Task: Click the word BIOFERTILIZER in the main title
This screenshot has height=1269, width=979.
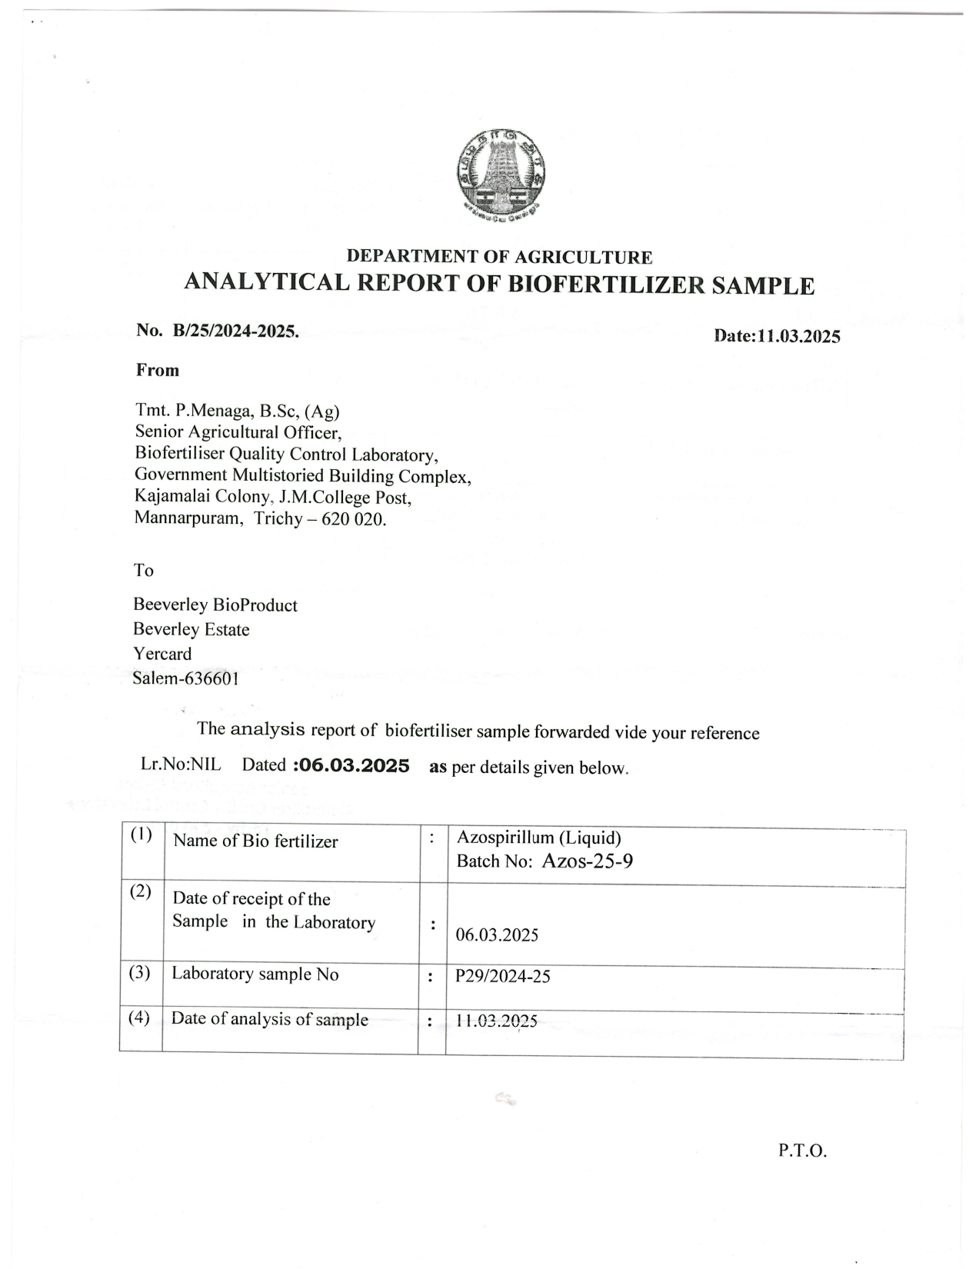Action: pos(607,284)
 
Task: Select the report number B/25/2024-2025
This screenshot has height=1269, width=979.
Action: pos(235,331)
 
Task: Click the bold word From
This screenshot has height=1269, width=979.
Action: pos(158,371)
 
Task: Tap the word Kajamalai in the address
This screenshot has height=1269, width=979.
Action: pos(167,497)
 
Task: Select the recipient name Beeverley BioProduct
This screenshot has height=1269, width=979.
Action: pos(215,605)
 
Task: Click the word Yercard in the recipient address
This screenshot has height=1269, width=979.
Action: pos(162,654)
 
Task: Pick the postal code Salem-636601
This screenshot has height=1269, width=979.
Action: pos(185,678)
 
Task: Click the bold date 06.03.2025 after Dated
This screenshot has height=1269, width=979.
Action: pos(352,766)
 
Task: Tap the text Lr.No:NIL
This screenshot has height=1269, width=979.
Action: pos(180,764)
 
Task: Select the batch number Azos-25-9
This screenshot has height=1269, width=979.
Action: pos(588,861)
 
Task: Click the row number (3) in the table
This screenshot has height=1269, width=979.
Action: pos(139,973)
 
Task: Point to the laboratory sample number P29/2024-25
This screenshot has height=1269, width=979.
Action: pos(503,976)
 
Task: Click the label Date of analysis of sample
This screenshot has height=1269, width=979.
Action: pos(269,1019)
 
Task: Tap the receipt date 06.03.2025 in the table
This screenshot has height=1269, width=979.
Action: pos(497,935)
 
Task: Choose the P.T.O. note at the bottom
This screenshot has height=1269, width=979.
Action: pos(802,1151)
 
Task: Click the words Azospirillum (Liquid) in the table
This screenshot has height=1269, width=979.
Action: pos(538,838)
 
